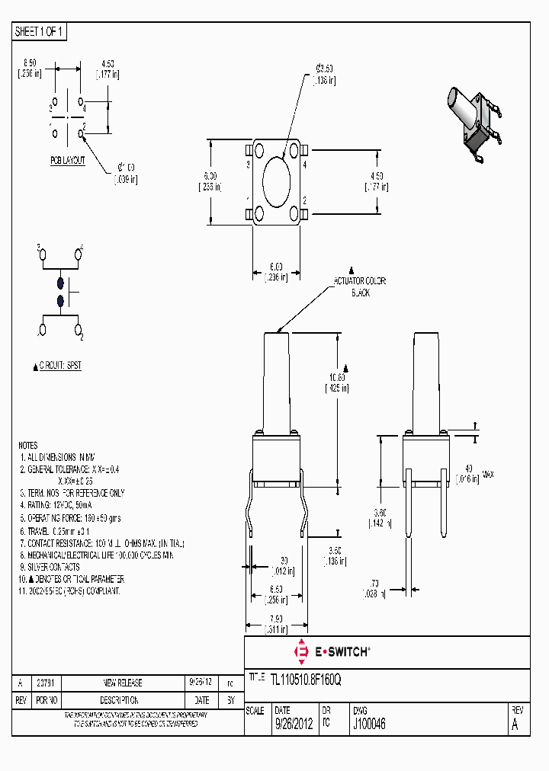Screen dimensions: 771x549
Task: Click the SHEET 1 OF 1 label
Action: point(40,31)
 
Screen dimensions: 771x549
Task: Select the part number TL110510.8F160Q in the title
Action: point(307,680)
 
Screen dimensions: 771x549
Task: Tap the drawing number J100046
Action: point(369,725)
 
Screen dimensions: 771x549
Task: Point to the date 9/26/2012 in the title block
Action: point(293,725)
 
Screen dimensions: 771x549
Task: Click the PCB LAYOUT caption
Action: point(68,160)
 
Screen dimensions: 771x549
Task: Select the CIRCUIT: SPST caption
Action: point(58,366)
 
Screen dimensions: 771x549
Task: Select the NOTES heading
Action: point(27,445)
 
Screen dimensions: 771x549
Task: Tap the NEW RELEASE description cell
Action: point(122,683)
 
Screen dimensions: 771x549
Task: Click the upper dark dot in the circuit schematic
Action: point(60,283)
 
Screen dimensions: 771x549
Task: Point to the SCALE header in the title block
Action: point(255,710)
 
